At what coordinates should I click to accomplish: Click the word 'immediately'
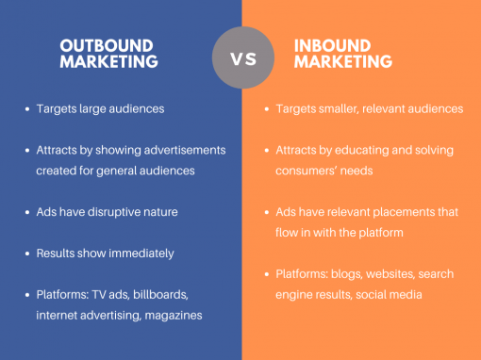pyautogui.click(x=141, y=254)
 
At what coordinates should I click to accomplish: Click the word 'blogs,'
pyautogui.click(x=351, y=274)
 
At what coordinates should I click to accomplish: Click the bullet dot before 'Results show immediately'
pyautogui.click(x=26, y=254)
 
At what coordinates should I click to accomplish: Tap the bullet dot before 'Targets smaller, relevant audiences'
pyautogui.click(x=267, y=109)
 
